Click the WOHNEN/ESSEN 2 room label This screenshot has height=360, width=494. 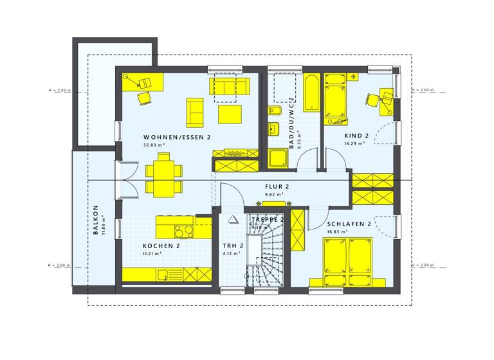pos(177,137)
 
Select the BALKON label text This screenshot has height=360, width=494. pos(95,220)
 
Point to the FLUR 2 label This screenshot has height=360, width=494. pos(277,186)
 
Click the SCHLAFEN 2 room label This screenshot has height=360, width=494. pos(350,224)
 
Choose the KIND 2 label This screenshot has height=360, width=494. pos(356,136)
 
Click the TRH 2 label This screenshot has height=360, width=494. pos(232,246)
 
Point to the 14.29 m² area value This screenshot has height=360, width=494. pos(354,144)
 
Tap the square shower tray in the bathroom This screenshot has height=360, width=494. pos(280,158)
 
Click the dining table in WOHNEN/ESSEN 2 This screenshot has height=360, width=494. pos(158,177)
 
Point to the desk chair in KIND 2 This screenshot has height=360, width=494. pos(373,100)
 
